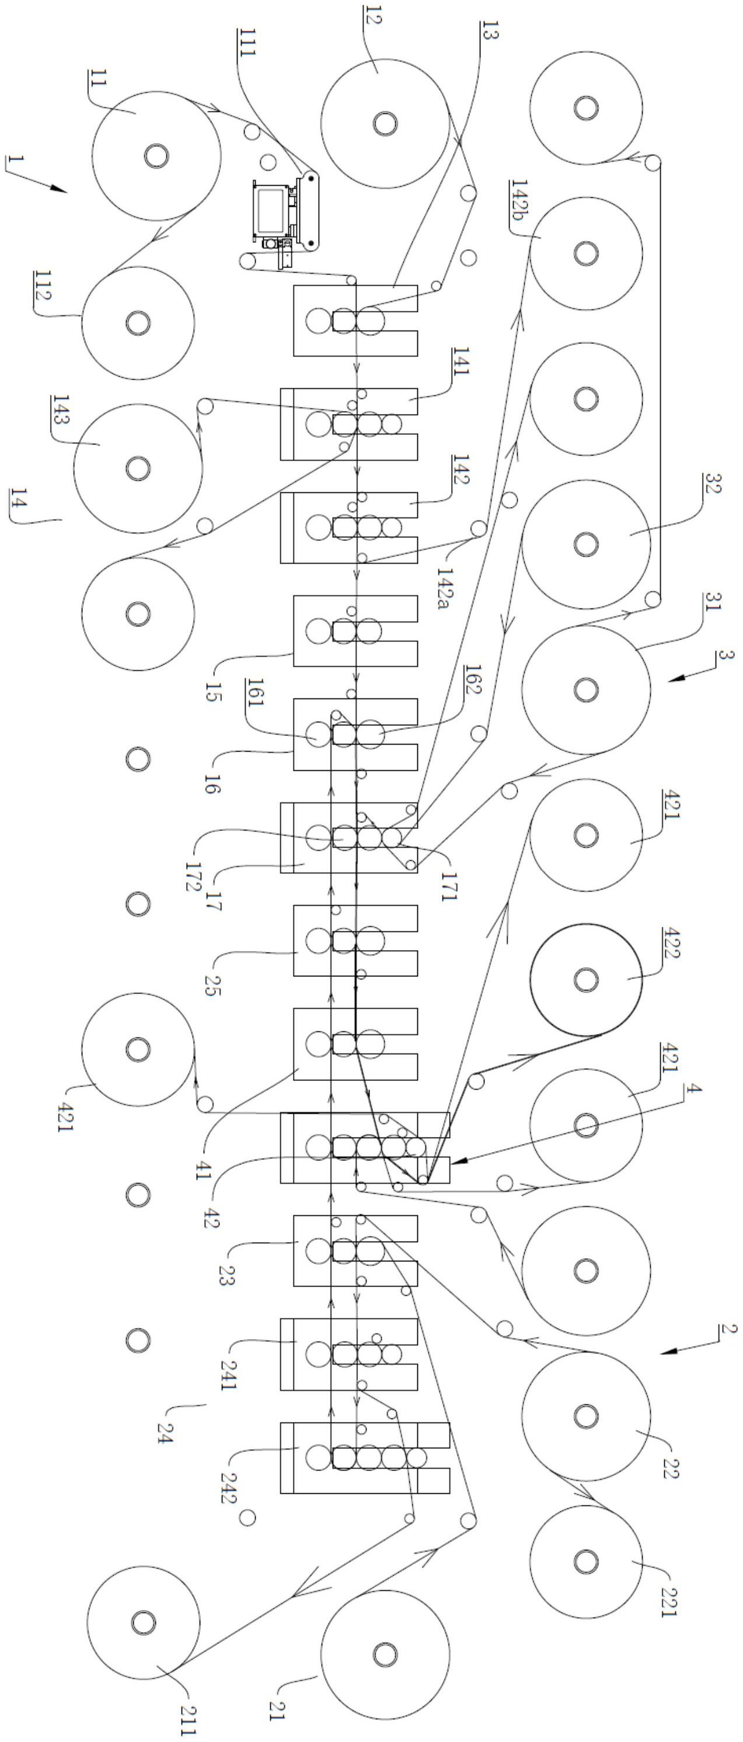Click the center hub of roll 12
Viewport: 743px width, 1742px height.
tap(385, 123)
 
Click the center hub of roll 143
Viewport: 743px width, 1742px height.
tap(138, 468)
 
